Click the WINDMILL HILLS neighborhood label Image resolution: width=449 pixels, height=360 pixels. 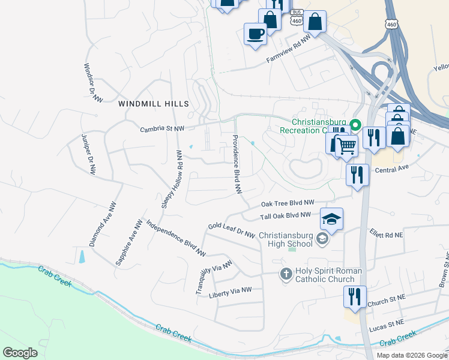pos(154,104)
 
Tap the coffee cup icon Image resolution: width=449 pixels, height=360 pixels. pos(255,32)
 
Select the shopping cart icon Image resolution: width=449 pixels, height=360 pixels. pos(346,145)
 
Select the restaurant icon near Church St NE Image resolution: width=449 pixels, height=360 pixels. pos(355,296)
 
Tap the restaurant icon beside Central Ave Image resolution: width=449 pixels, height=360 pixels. pos(358,175)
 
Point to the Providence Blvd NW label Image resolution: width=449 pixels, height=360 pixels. pos(237,163)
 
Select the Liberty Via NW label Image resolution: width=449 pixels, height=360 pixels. pos(230,292)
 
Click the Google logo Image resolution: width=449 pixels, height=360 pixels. pos(20,353)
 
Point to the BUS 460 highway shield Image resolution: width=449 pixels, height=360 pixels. pos(295,18)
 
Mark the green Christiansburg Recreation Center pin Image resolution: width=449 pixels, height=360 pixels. pos(355,126)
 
